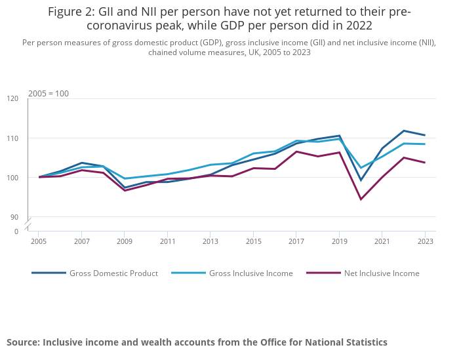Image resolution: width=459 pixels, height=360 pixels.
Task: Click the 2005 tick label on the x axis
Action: (38, 242)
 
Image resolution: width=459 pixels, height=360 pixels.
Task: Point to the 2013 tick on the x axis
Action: (210, 242)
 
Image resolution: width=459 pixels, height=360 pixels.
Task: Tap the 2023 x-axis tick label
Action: (425, 242)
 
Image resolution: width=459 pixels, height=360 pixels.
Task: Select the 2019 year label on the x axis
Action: (339, 242)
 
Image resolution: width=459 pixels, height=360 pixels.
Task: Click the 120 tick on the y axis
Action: (12, 99)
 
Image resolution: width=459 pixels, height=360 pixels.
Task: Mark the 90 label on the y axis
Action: (14, 217)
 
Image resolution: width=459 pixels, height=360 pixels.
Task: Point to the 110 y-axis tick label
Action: (12, 138)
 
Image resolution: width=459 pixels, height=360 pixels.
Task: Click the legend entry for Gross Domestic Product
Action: (113, 273)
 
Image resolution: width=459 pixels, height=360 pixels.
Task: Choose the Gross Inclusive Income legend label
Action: (250, 273)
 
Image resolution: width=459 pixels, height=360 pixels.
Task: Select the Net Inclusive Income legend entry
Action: (382, 273)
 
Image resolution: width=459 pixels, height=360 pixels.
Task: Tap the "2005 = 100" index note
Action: (48, 94)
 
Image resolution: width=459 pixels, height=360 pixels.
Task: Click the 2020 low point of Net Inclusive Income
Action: (361, 199)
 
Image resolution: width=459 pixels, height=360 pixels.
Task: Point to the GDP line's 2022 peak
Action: (403, 130)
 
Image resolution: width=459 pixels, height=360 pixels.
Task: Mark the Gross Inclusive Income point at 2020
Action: (361, 168)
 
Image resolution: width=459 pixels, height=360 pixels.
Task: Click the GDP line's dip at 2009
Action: (124, 188)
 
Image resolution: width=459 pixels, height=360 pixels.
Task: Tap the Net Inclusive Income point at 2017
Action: (296, 151)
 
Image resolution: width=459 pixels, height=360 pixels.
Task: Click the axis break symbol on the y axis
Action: (28, 224)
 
